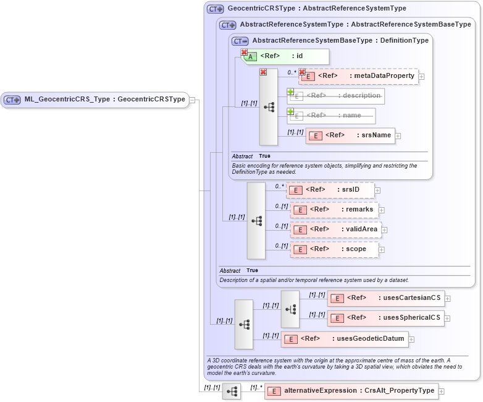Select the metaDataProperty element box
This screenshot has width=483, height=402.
359,76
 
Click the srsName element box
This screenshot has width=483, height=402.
350,135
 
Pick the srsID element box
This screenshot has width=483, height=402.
331,190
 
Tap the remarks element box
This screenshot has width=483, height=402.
334,210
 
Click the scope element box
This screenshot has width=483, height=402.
334,249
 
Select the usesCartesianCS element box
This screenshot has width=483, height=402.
385,298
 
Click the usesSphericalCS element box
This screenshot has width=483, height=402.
385,318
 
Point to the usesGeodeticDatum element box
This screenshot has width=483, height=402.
344,338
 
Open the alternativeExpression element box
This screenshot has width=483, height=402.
351,391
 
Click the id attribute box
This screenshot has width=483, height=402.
285,56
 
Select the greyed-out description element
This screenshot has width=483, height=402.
336,96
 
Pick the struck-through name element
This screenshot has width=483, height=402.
332,116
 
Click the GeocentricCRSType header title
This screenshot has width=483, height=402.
316,9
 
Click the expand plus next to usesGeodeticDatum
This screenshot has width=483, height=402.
411,339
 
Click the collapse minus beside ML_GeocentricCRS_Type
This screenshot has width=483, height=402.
193,100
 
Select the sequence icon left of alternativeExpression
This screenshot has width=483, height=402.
232,391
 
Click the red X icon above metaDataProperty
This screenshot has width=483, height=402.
302,72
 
